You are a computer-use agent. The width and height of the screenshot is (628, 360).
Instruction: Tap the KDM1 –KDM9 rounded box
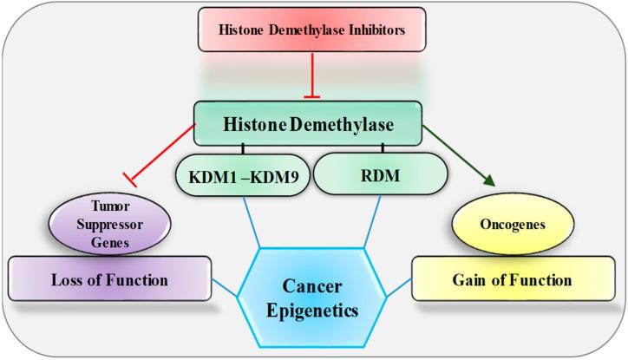(245, 173)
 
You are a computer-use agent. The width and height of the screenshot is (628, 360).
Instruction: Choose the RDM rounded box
(374, 173)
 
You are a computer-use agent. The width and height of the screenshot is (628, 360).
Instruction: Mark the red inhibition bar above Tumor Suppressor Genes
(130, 180)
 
